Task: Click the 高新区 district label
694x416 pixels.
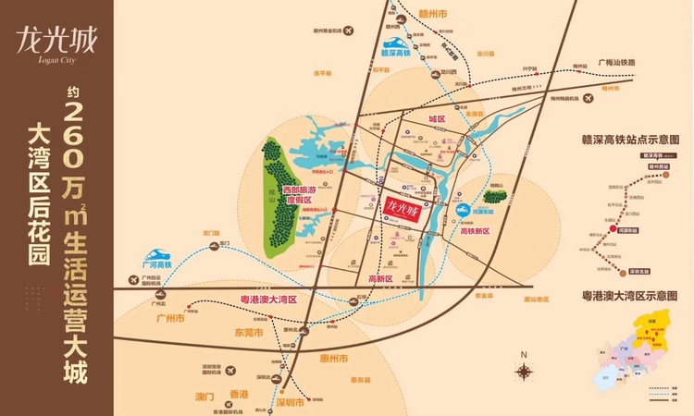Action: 381,279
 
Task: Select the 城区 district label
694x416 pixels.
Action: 437,120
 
